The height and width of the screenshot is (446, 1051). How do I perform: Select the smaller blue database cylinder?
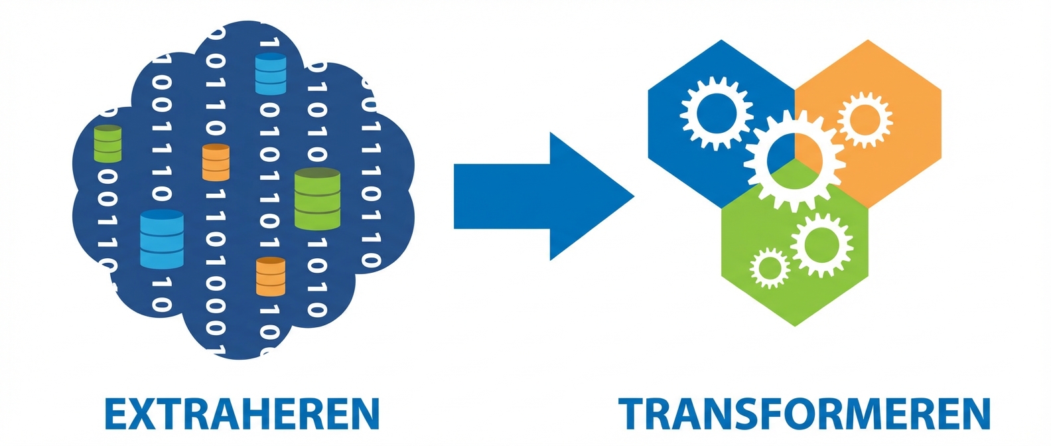point(271,74)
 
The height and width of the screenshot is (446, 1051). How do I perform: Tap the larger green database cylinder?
point(317,198)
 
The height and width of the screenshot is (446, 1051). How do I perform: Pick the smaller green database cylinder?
point(107,143)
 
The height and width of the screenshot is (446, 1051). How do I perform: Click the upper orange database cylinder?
point(216,162)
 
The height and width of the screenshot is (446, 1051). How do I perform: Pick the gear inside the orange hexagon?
point(864,119)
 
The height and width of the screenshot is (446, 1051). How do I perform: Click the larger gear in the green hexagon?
point(821,244)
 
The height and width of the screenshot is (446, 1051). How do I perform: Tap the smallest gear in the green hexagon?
point(770,268)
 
